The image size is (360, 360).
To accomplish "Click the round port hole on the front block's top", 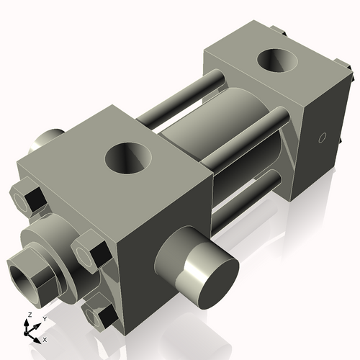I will pos(130,158).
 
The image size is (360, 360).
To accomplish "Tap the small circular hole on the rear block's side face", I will pos(323,137).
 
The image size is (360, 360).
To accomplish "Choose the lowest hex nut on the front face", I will pos(100,315).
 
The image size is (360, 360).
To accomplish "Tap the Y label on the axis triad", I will pos(44,318).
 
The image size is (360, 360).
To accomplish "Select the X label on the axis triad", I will pos(45,338).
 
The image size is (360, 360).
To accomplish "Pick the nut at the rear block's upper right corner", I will pos(348,72).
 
